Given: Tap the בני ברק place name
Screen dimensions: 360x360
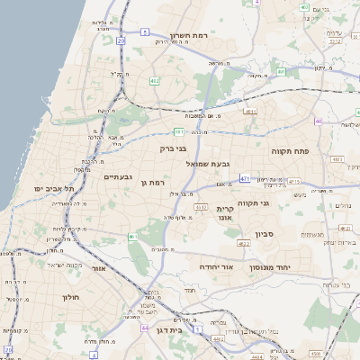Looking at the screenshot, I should coord(173,148).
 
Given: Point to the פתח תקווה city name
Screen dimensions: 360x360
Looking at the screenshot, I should coord(290,152).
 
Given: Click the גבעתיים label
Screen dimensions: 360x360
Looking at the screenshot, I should coord(118,176).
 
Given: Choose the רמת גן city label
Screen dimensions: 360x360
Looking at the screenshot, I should coord(156,183).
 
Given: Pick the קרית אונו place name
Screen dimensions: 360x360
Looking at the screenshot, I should coord(225,213).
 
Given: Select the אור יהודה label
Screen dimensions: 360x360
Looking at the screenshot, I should coord(216,267).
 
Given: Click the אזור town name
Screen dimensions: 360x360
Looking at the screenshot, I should coord(99,268).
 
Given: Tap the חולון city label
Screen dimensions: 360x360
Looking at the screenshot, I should coord(72,297).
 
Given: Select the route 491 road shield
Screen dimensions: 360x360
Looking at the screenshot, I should coord(282,71).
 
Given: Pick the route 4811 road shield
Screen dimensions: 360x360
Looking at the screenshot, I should coord(249,112).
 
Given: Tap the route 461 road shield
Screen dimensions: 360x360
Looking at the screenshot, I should coord(131,237).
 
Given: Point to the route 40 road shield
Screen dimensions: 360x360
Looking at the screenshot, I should coord(318,121).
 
